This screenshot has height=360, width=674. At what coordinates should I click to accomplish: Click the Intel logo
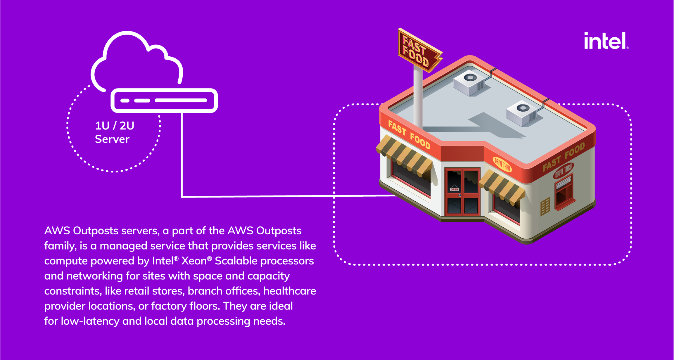point(606,41)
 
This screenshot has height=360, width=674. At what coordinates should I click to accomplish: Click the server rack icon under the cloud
point(164,101)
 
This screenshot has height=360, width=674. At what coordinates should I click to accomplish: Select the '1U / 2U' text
point(115,126)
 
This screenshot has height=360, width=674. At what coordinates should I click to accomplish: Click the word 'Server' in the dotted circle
point(112,139)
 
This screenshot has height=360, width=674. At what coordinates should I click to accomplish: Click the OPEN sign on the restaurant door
point(454,189)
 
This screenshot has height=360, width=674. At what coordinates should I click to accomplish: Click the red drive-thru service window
point(564,193)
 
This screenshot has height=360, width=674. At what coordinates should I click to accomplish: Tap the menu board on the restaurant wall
point(545,206)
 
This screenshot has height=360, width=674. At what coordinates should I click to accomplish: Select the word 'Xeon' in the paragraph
point(194,261)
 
